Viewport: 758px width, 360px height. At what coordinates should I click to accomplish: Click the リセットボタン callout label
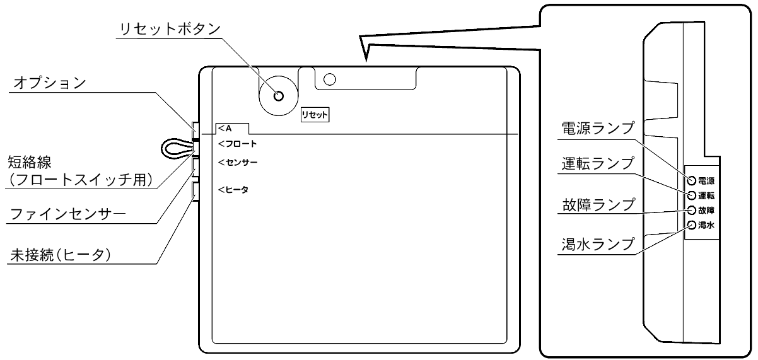170,30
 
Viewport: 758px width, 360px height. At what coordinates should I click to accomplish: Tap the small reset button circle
279,96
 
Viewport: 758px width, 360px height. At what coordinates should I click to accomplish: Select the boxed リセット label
315,115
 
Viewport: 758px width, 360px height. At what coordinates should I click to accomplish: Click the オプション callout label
50,83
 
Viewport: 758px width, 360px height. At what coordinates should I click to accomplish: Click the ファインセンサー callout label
68,214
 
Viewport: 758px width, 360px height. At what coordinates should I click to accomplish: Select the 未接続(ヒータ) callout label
61,255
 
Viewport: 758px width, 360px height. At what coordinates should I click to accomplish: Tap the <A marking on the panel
225,129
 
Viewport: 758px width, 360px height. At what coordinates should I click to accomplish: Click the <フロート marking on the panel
238,144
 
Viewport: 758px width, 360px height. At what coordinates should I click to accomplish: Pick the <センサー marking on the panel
238,163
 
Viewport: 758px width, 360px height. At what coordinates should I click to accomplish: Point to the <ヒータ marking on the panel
233,190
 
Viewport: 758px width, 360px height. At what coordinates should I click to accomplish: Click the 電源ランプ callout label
598,128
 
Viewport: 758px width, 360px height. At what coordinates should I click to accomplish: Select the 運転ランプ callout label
598,164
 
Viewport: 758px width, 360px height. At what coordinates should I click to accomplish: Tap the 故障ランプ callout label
598,205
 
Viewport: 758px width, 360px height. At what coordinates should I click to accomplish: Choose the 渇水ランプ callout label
598,244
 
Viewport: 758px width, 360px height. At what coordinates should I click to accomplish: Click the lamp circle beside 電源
692,181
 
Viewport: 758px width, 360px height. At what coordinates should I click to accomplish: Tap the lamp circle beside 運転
692,195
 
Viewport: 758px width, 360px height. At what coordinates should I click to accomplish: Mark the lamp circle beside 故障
692,210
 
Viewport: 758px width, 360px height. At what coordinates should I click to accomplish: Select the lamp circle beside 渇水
692,225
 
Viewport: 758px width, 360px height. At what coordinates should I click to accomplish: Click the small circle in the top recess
330,79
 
